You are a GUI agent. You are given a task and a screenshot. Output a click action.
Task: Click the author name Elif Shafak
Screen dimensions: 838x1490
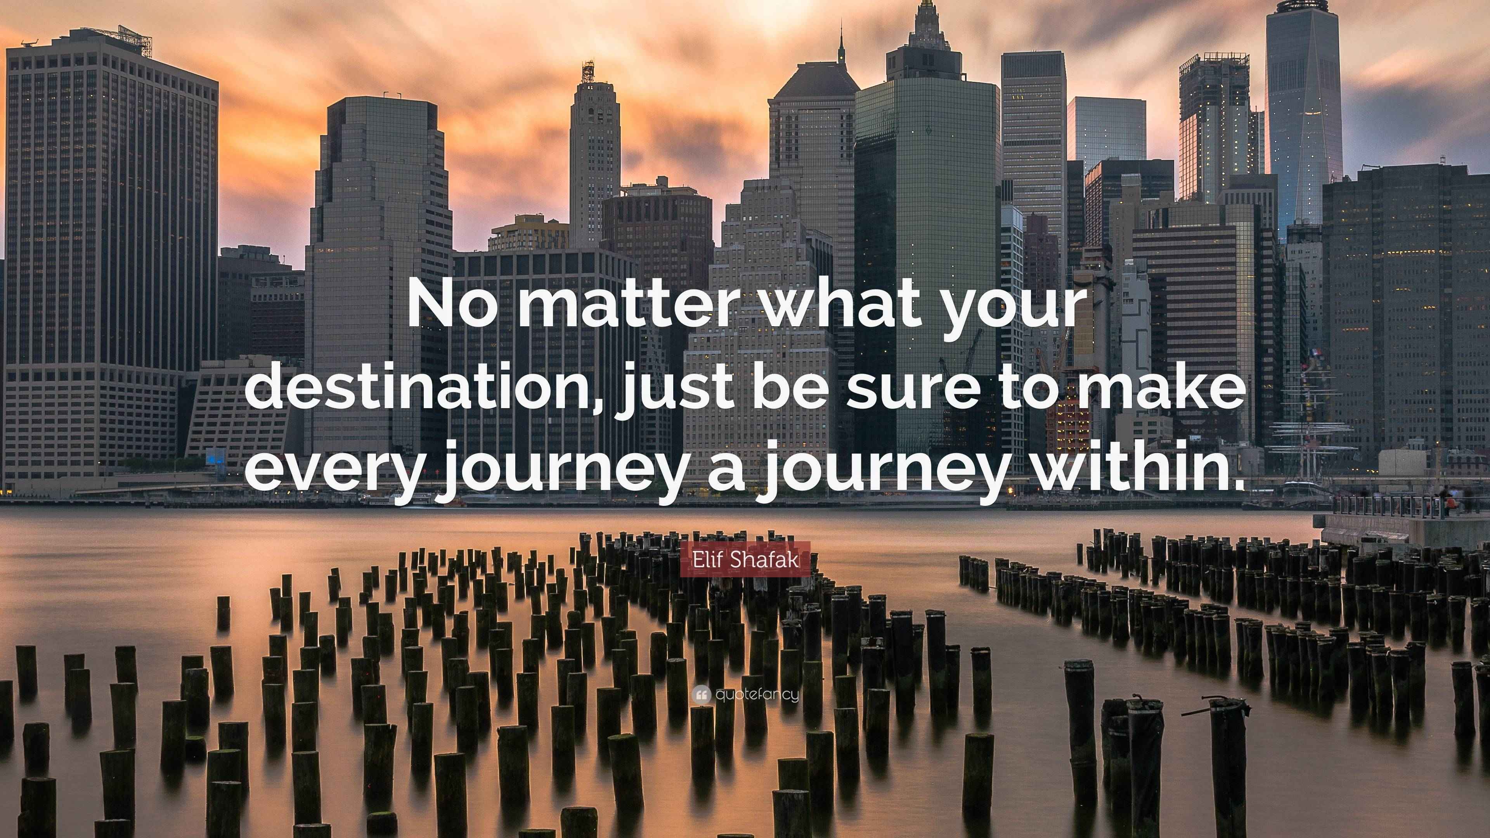(x=745, y=559)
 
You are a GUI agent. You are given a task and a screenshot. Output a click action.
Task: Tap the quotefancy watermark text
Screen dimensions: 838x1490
(x=757, y=694)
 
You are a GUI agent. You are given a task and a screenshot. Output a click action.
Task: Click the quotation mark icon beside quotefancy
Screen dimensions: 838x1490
(x=701, y=694)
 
